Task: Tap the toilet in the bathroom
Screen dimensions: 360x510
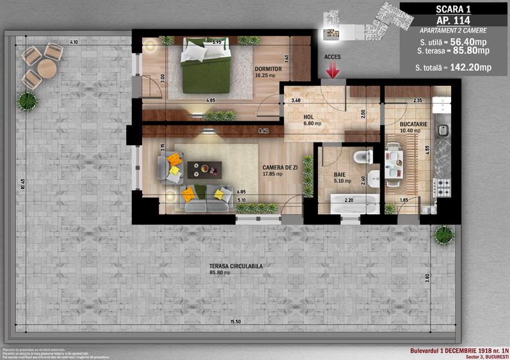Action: click(362, 155)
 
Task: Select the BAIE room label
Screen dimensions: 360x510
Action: click(340, 173)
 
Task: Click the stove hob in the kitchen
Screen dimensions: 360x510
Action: click(442, 186)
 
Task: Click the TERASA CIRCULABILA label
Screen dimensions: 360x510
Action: click(219, 266)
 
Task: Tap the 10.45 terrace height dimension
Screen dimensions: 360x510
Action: click(22, 185)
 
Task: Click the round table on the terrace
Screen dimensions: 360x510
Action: click(47, 67)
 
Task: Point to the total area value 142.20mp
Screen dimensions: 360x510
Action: click(470, 67)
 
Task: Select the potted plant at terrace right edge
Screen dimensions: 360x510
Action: click(443, 235)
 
